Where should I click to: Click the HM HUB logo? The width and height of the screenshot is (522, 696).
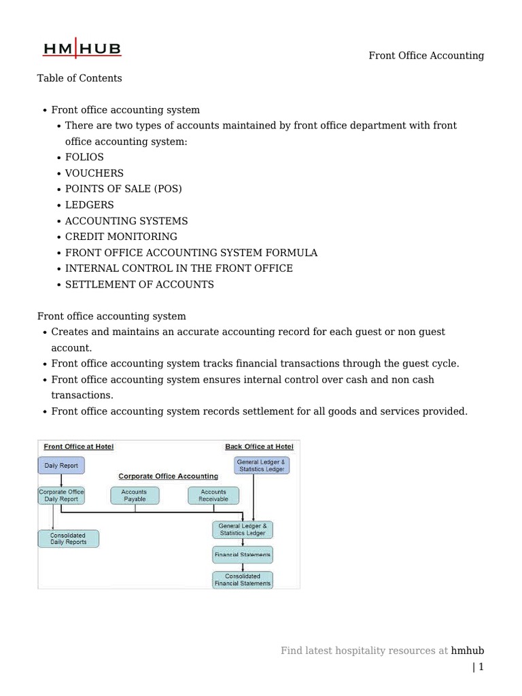coord(82,49)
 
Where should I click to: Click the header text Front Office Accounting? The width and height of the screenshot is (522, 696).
coord(426,56)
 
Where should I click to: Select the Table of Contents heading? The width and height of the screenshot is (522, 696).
coord(80,78)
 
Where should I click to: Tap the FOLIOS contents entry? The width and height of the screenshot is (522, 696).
coord(84,158)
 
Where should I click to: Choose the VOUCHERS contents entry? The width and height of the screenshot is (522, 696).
coord(94,173)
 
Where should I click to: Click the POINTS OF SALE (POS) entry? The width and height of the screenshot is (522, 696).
coord(124,189)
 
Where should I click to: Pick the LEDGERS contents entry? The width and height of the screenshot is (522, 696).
coord(90,205)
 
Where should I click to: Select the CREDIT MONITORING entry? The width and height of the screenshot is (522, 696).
coord(121,237)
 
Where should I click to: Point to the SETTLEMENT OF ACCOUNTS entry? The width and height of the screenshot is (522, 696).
coord(139,284)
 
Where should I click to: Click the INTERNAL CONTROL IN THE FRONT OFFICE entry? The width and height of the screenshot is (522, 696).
coord(179,268)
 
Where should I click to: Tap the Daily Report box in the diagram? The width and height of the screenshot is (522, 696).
coord(61,466)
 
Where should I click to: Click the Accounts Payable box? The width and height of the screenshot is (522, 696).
coord(135,495)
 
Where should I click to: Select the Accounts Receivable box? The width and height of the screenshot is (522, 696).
coord(213,495)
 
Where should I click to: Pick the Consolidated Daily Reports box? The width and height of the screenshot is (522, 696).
coord(68,539)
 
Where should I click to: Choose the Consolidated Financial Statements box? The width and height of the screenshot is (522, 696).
coord(243,580)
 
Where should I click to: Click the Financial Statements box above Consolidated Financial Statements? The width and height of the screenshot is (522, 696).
coord(243,555)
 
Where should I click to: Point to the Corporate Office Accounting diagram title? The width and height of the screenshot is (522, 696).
coord(169,476)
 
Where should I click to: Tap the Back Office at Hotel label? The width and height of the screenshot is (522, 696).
coord(259,447)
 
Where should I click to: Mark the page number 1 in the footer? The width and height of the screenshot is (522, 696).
coord(481,667)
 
